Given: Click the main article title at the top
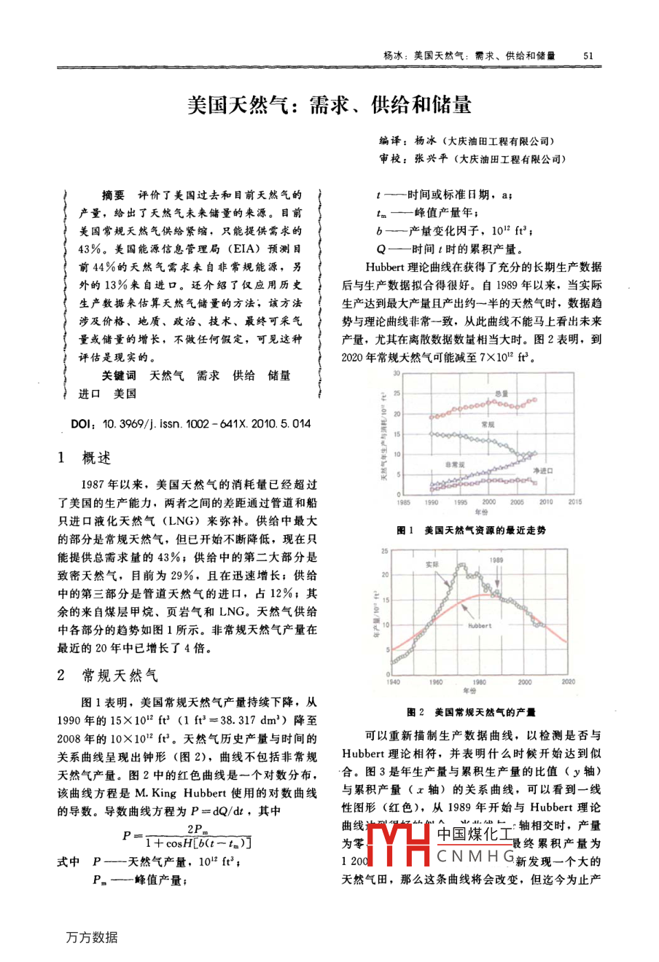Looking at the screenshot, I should point(329,105).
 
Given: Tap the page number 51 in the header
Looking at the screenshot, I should point(590,55).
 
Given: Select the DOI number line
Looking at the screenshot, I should point(191,423).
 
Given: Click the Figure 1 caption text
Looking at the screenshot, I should point(471,531).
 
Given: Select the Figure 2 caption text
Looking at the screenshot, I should point(471,712).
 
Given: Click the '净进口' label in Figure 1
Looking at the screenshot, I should point(542,471).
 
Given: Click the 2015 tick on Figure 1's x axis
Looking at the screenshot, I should point(574,502).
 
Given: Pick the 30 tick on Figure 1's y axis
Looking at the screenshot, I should point(397,374).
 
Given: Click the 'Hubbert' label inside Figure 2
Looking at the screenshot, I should point(480,625).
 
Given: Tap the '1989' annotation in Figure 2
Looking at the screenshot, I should point(496,560).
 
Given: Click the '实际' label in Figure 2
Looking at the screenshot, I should point(432,563).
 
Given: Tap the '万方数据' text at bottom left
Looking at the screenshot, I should point(91,937).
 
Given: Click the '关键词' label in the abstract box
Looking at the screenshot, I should point(119,375).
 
